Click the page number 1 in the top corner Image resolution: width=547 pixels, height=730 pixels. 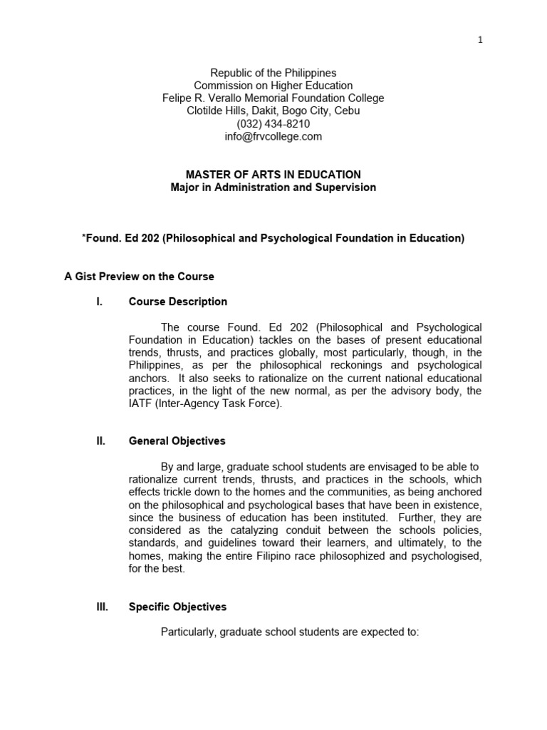pyautogui.click(x=480, y=40)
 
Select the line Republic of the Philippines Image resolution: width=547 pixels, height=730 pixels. pyautogui.click(x=273, y=73)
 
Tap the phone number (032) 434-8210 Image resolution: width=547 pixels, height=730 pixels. pyautogui.click(x=273, y=123)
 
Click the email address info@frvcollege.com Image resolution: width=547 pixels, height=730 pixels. pyautogui.click(x=273, y=136)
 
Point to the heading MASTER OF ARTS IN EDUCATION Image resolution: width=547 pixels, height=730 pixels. pyautogui.click(x=273, y=175)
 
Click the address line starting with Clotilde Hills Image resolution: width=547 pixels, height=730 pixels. pyautogui.click(x=273, y=110)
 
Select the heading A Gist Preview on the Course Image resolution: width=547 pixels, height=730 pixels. pyautogui.click(x=139, y=276)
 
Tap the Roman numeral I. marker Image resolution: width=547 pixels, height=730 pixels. pyautogui.click(x=100, y=302)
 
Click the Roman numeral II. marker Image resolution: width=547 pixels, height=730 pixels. pyautogui.click(x=100, y=441)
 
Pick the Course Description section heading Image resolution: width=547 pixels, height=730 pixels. pyautogui.click(x=178, y=302)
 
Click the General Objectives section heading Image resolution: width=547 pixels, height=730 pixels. pyautogui.click(x=177, y=441)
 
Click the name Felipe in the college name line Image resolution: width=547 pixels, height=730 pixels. pyautogui.click(x=177, y=98)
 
